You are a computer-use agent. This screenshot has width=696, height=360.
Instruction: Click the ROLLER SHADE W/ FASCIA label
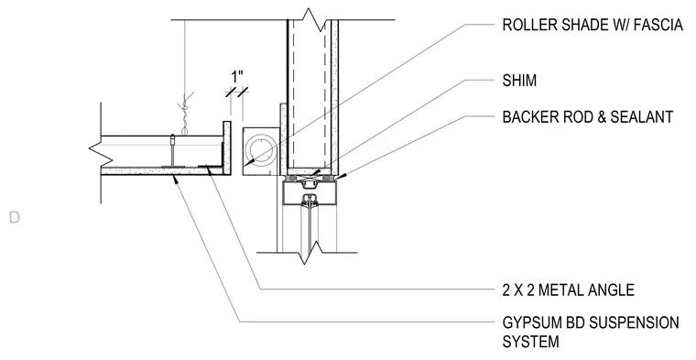click(x=593, y=25)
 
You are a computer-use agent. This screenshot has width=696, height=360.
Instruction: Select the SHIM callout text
click(x=519, y=81)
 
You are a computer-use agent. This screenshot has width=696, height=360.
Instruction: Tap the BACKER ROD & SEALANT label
click(x=588, y=117)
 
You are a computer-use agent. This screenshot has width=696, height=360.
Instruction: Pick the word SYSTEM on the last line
click(x=531, y=342)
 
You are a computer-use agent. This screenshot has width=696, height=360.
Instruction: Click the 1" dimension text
click(x=237, y=77)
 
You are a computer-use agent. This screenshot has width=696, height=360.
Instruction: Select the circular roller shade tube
click(x=262, y=151)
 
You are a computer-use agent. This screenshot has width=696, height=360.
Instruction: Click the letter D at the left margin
click(x=15, y=217)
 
